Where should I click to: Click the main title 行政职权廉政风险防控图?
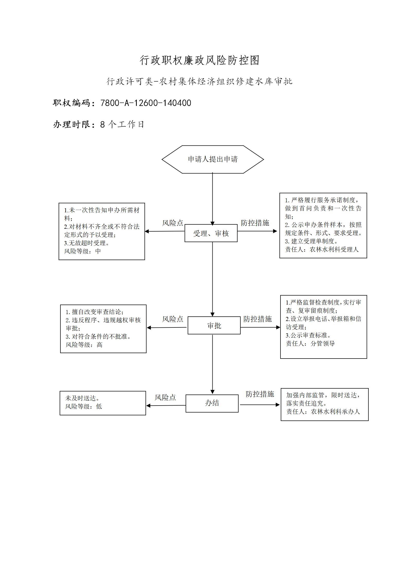200,60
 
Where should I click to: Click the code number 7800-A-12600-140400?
146,103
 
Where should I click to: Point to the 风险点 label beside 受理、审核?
173,223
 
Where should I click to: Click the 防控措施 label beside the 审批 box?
258,319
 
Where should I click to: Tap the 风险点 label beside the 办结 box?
165,398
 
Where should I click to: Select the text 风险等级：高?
84,345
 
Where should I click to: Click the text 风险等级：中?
83,251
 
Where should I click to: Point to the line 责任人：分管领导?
310,344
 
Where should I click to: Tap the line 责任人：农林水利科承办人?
323,412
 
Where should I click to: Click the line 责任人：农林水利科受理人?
322,250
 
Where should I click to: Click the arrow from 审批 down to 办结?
212,364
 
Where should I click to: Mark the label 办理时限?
72,124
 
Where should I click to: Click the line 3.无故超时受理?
87,243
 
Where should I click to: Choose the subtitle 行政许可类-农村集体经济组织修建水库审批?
200,81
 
